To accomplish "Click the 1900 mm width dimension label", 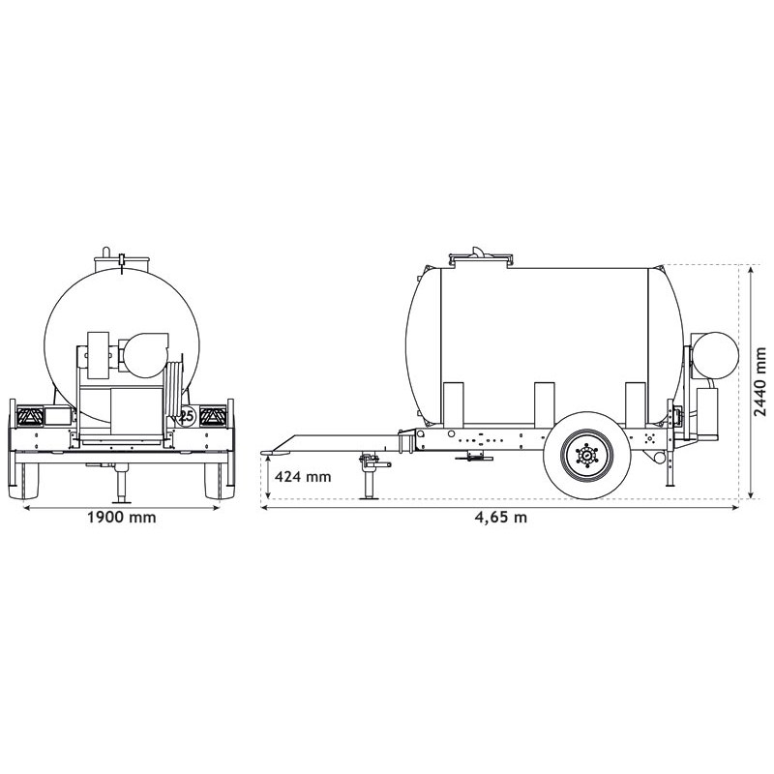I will click(x=121, y=517).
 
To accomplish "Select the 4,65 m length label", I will click(x=500, y=517).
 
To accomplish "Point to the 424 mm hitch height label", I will click(x=303, y=476).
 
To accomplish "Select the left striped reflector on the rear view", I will click(x=28, y=417).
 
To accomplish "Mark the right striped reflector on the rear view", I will click(x=213, y=417).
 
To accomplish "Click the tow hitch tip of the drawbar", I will click(x=274, y=450).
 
